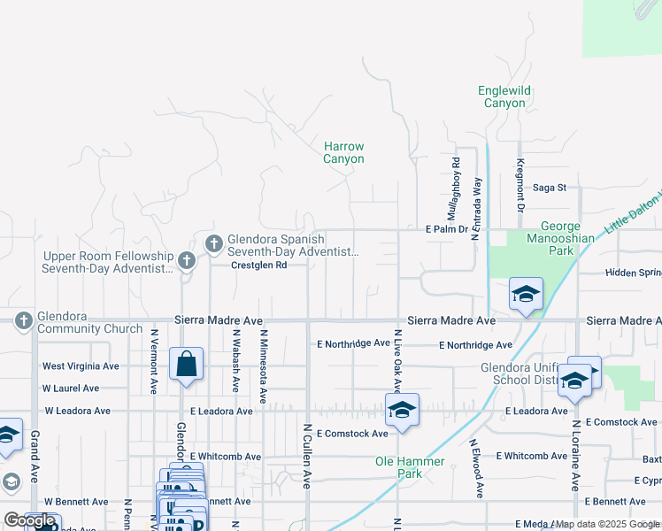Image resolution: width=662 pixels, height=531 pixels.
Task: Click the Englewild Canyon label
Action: pos(504,96)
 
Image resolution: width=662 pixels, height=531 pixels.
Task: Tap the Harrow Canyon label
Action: pos(343,152)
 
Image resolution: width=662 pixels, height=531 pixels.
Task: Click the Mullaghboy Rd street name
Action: pos(455,189)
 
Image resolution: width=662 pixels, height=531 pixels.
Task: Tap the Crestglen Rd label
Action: pos(259,265)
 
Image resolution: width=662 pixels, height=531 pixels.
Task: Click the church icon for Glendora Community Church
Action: pos(24,319)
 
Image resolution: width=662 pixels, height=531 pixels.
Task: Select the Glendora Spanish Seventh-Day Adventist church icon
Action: pos(213,242)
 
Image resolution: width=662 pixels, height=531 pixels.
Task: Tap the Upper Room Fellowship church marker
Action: pos(185,260)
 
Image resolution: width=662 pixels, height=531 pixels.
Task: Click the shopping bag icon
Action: pos(187,364)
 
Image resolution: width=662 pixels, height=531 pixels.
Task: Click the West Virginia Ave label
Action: pos(81,366)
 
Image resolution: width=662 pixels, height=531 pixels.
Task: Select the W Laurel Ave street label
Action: pos(72,388)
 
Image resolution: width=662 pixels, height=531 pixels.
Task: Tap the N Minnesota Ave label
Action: pos(264,360)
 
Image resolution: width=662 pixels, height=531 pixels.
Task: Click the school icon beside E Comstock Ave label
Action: pos(402,410)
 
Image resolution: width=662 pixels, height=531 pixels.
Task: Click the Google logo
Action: pos(30,520)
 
